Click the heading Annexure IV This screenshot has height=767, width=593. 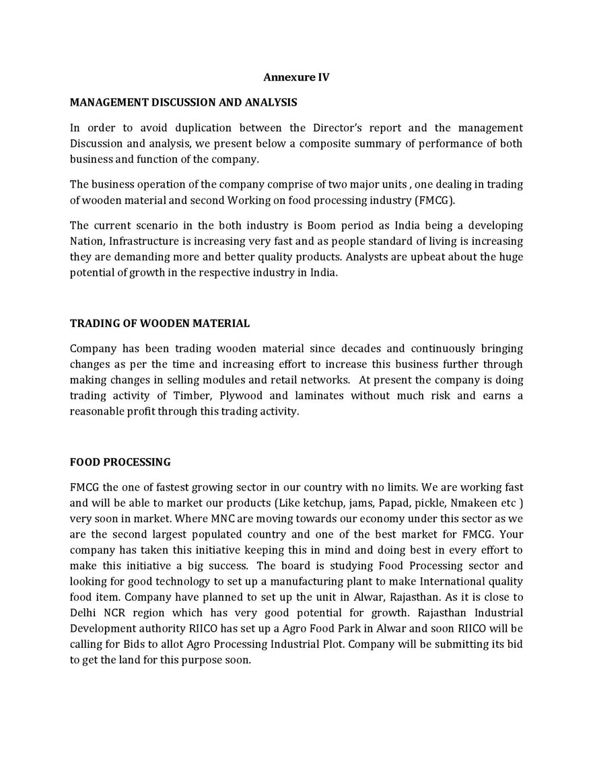[x=296, y=77]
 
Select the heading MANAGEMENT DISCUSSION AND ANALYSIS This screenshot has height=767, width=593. [x=184, y=102]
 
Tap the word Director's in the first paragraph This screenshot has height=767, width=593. [x=338, y=128]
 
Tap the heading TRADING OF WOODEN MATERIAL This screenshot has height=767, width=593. [x=160, y=324]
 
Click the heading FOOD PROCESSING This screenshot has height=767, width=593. [x=120, y=462]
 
